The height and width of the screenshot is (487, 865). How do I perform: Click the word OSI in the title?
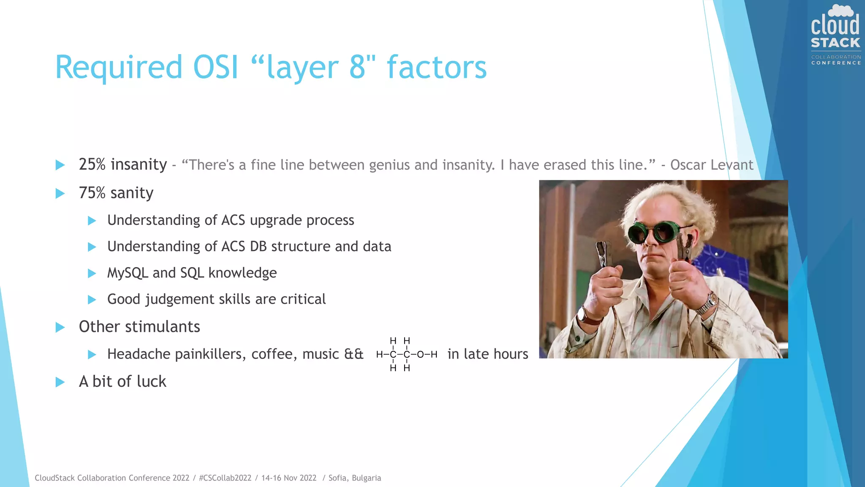(215, 68)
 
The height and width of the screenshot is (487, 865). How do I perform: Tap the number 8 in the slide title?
(357, 68)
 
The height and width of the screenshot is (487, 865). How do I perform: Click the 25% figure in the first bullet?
(92, 164)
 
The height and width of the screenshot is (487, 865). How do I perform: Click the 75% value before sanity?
(92, 193)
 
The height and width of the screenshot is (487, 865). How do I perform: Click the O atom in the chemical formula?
(420, 355)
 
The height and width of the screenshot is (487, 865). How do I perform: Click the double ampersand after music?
(354, 354)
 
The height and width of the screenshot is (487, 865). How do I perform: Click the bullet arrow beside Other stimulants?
(60, 327)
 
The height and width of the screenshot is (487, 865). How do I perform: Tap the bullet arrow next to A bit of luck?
(60, 382)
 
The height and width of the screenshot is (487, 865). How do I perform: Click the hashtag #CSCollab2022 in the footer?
(225, 478)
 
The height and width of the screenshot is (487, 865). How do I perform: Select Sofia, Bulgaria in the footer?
(354, 478)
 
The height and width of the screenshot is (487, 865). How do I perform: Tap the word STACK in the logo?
(835, 43)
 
